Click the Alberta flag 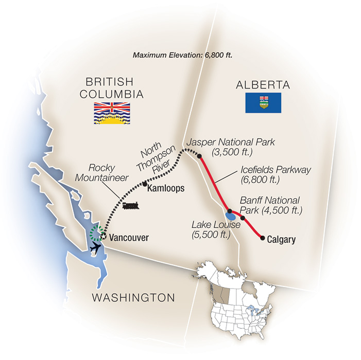[263, 103]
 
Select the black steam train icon [130, 206]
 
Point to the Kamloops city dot [145, 184]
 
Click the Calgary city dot [263, 238]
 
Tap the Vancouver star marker [103, 237]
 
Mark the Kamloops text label [165, 189]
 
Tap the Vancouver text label [129, 238]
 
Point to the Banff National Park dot [243, 217]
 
